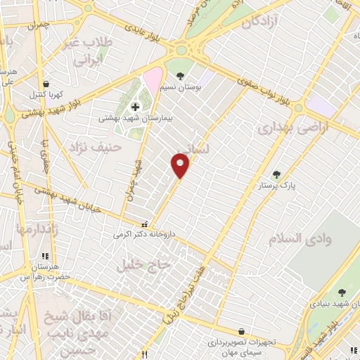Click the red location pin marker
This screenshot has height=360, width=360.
tap(180, 166)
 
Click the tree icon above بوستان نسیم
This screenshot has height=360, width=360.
tap(180, 76)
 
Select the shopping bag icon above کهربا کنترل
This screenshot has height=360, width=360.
tap(46, 84)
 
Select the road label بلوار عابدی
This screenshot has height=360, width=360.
tap(151, 34)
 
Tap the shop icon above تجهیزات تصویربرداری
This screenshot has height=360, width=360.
tap(242, 331)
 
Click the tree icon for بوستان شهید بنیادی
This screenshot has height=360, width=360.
tap(342, 292)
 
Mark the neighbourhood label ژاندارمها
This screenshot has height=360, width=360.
tap(34, 229)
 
